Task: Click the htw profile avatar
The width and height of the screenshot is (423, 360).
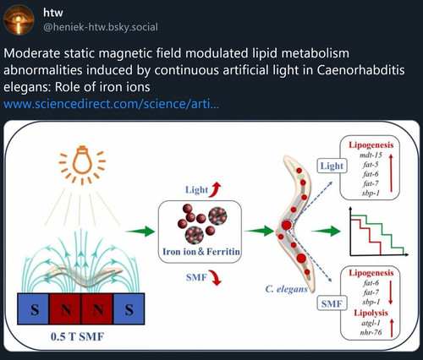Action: coord(19,19)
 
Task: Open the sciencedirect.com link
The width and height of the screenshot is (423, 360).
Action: coord(111,104)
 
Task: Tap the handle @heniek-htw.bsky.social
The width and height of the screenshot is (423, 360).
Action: coord(101,27)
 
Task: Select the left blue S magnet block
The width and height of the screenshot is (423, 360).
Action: coord(33,309)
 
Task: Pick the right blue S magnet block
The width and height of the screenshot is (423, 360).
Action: coord(129,309)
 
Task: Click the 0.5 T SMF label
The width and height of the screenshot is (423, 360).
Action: coord(77,336)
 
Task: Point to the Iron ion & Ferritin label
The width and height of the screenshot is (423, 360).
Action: coord(201,251)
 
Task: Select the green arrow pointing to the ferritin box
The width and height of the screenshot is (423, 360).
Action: coord(140,232)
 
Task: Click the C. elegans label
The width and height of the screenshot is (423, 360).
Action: coord(286,289)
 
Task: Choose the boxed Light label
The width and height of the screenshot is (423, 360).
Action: coord(332,166)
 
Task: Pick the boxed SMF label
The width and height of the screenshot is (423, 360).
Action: coord(332,303)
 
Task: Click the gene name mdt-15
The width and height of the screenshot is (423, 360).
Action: coord(371,155)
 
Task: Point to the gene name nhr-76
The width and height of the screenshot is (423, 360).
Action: coord(371,332)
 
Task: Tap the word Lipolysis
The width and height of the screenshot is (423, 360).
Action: coord(371,313)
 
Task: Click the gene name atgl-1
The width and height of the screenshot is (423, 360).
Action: coord(371,323)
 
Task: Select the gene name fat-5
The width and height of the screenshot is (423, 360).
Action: coord(371,165)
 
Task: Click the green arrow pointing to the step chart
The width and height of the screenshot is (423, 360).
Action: coord(326,231)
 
